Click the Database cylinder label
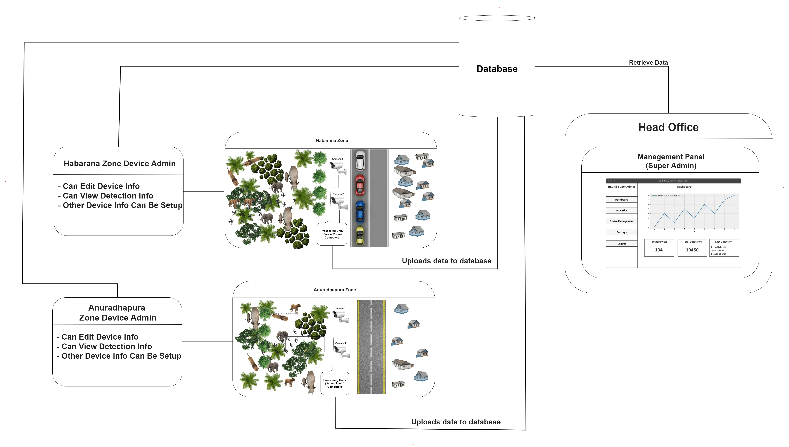coord(497,69)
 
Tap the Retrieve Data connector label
coord(648,63)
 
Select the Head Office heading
coord(668,127)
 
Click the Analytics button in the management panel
coord(621,211)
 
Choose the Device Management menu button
coord(621,221)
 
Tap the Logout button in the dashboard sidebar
coord(621,244)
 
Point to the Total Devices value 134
coord(658,250)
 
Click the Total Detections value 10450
coord(692,250)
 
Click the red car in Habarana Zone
coord(360,185)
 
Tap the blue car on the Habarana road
coord(360,212)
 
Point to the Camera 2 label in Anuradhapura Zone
coord(340,343)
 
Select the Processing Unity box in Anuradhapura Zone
coord(334,383)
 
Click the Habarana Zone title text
coord(332,141)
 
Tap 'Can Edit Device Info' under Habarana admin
coord(101,186)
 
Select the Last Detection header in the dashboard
coord(723,242)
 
